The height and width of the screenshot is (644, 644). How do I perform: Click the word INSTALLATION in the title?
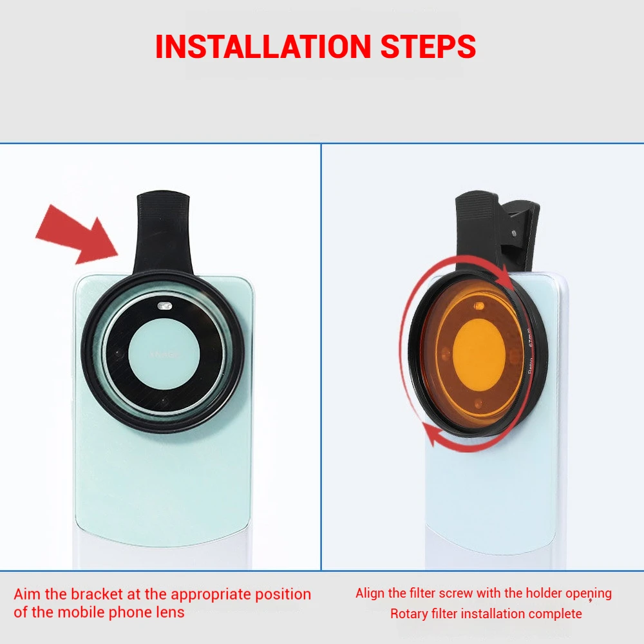coord(259,46)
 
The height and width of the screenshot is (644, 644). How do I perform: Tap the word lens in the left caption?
coord(170,612)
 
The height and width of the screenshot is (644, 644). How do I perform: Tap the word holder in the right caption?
coord(544,594)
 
